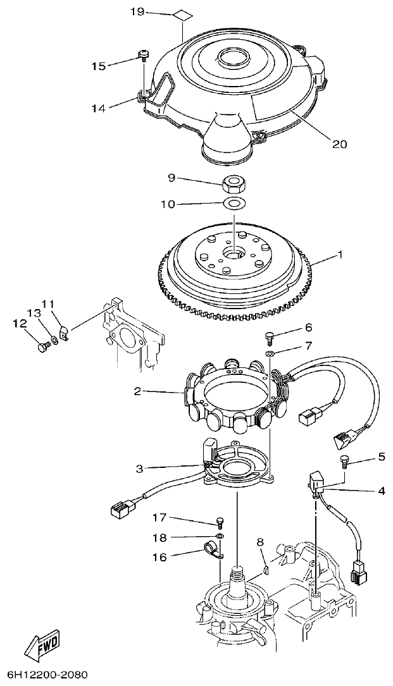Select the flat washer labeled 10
coord(235,204)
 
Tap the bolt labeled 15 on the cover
coord(143,58)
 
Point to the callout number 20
coord(339,144)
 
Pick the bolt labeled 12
coord(43,346)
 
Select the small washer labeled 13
coord(55,341)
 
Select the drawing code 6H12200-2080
coord(47,675)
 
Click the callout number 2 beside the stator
coord(137,392)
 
